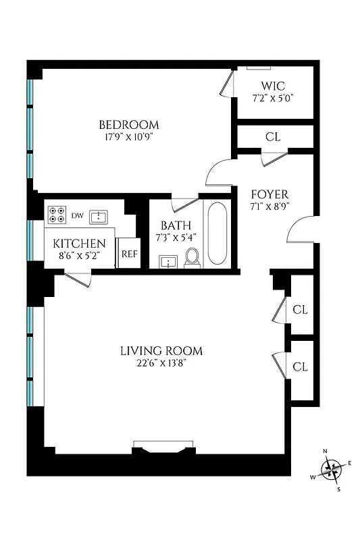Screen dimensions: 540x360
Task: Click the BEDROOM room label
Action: point(129,125)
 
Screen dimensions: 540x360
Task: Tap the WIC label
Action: point(273,86)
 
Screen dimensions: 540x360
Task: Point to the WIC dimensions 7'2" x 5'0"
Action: point(273,98)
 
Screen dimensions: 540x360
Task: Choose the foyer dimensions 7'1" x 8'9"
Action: point(269,207)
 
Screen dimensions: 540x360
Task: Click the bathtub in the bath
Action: point(217,234)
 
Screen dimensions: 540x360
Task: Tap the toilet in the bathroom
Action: point(192,257)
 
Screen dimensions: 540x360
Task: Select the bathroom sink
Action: point(168,261)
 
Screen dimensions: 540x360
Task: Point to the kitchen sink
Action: point(99,216)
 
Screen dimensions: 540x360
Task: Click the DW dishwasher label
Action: point(78,216)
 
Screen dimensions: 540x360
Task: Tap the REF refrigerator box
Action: point(128,254)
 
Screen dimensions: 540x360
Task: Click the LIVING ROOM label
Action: point(161,351)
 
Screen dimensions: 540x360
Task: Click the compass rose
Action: point(331,468)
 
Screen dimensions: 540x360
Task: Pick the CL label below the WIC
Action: point(273,137)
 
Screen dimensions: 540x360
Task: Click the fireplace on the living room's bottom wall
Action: point(163,448)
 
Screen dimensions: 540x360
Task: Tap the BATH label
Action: point(176,225)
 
